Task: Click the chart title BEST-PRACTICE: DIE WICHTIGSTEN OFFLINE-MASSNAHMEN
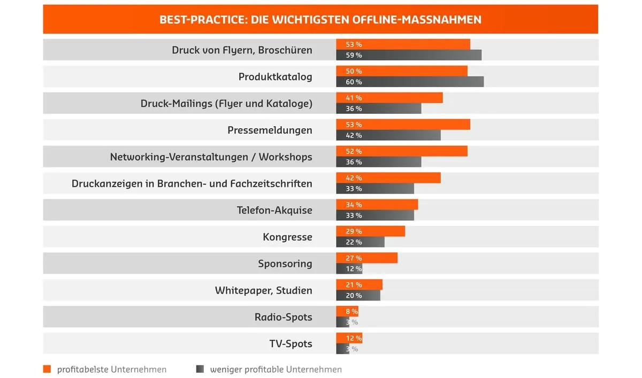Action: pyautogui.click(x=320, y=20)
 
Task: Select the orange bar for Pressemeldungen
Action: pyautogui.click(x=403, y=125)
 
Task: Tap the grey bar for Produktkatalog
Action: pyautogui.click(x=410, y=82)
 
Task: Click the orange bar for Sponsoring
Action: pyautogui.click(x=367, y=258)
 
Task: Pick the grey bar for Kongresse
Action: pyautogui.click(x=360, y=242)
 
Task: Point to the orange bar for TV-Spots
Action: pyautogui.click(x=349, y=338)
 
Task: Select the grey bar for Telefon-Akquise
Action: pyautogui.click(x=375, y=215)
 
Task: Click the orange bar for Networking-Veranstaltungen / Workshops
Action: pyautogui.click(x=402, y=151)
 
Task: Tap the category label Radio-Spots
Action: pyautogui.click(x=283, y=317)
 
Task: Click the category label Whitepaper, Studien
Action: pyautogui.click(x=263, y=290)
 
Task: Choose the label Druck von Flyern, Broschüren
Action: pyautogui.click(x=242, y=50)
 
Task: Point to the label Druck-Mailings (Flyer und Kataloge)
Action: pyautogui.click(x=226, y=104)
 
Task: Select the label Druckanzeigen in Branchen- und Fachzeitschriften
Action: pyautogui.click(x=192, y=184)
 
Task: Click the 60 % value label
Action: pyautogui.click(x=354, y=82)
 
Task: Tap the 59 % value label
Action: pyautogui.click(x=354, y=55)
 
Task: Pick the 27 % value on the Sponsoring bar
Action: pyautogui.click(x=354, y=258)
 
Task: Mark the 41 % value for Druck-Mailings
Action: pyautogui.click(x=354, y=98)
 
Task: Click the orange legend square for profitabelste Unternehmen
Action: pyautogui.click(x=47, y=369)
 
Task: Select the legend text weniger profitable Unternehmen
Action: pyautogui.click(x=276, y=369)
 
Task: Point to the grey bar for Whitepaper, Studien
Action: pyautogui.click(x=358, y=296)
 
